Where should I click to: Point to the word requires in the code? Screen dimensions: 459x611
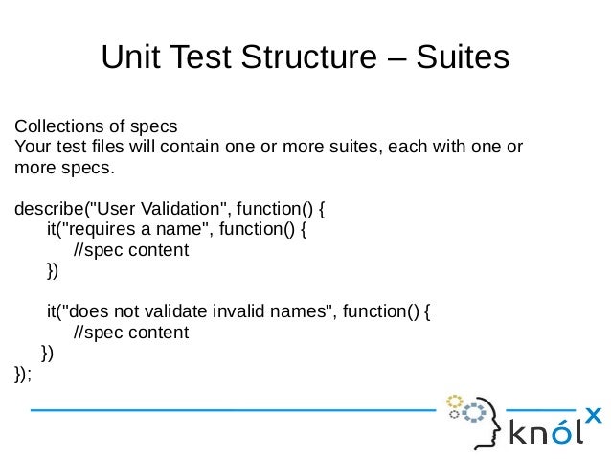(x=102, y=230)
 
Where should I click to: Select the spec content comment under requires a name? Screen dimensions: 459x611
(x=131, y=250)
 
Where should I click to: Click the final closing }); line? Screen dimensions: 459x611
(x=24, y=374)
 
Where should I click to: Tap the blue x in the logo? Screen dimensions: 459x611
(x=593, y=414)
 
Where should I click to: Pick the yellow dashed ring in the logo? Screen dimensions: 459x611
(x=454, y=401)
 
